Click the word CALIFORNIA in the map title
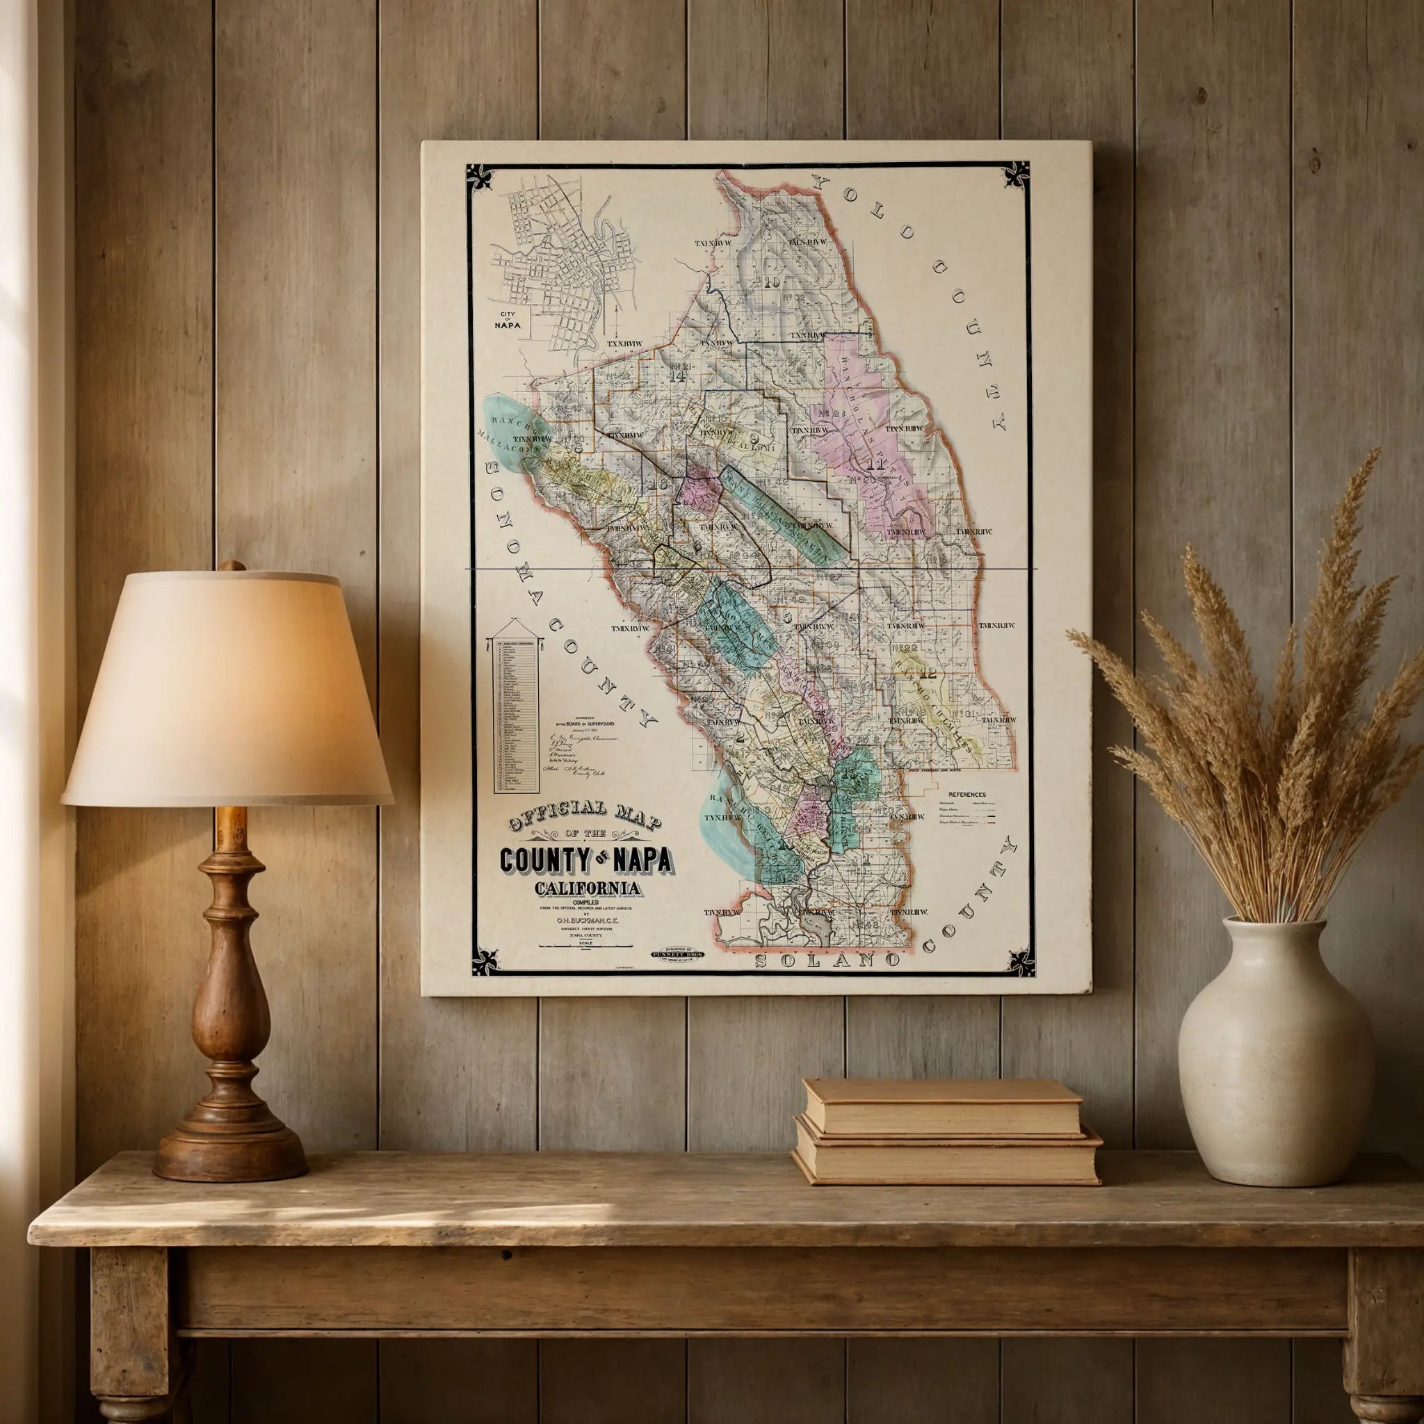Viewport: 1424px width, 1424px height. click(x=588, y=888)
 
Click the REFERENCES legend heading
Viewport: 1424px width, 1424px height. click(x=967, y=795)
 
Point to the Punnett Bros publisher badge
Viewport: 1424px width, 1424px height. click(x=677, y=953)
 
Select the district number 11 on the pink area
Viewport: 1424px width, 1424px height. click(x=875, y=464)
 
